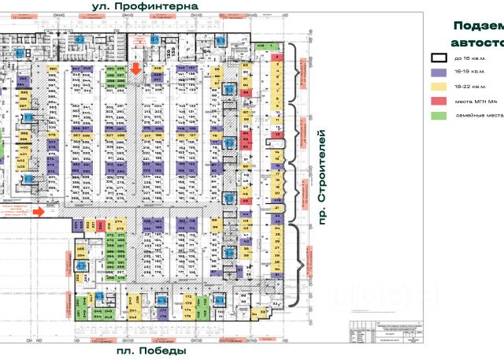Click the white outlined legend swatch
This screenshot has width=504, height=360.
[437, 58]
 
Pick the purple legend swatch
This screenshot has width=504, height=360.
[437, 72]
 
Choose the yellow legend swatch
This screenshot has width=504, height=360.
[437, 86]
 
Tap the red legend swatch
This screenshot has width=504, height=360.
[437, 101]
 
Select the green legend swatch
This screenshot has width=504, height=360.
[437, 116]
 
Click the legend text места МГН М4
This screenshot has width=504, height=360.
[476, 101]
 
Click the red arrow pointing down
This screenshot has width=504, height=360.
[136, 69]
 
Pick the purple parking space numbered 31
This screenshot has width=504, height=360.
[277, 275]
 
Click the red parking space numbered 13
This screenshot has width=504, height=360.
[277, 134]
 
